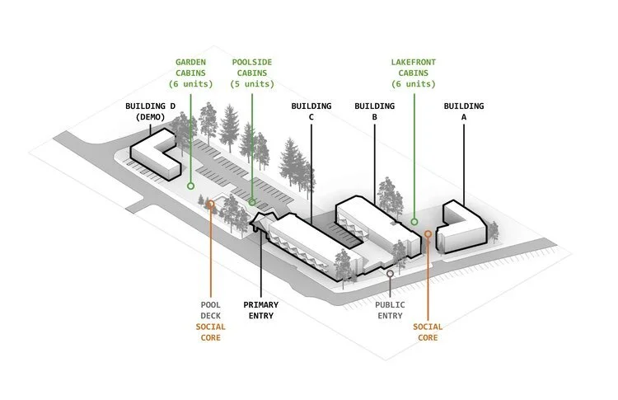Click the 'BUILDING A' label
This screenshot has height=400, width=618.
click(x=463, y=111)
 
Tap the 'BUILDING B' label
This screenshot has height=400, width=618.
click(x=374, y=111)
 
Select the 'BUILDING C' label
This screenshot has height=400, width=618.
click(x=311, y=111)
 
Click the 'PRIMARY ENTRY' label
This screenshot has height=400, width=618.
click(x=261, y=309)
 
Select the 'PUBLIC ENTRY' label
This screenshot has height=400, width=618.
click(x=391, y=309)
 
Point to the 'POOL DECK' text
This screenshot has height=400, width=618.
click(x=210, y=309)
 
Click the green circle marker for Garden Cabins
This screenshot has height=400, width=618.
click(x=190, y=186)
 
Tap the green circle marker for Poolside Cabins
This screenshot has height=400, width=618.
click(x=252, y=201)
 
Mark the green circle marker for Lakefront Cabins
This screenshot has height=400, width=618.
click(x=414, y=221)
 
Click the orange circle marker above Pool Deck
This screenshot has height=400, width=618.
click(x=211, y=203)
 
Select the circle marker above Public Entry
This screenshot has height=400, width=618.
click(x=390, y=273)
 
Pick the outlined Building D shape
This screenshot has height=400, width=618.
click(x=157, y=157)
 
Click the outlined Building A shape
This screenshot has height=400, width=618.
click(x=461, y=227)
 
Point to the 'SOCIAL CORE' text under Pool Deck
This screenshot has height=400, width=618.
click(x=210, y=332)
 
